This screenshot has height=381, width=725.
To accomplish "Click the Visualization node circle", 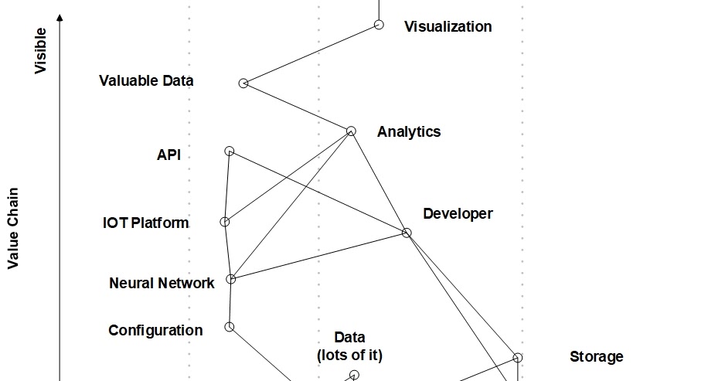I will coord(379,25).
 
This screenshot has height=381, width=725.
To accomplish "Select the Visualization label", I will coord(448,26).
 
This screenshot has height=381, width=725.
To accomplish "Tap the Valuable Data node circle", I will coord(243,83).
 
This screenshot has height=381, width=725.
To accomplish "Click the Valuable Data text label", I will coord(146,80).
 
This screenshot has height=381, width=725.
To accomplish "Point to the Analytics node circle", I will coord(351,131).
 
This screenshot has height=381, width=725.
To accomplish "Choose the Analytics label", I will coord(408,131).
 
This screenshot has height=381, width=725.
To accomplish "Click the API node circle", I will coord(230,151).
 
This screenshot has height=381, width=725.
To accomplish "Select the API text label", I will coord(168,155).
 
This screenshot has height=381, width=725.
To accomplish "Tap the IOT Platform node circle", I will coord(225,222).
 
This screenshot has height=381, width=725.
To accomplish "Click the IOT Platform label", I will coord(145,223).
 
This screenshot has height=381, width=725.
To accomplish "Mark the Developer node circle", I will coord(407,233).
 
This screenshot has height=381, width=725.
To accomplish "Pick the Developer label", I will coord(457,213).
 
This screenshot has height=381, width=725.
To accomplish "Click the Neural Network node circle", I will coord(230,279).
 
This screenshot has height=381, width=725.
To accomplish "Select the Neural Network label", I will coord(162,283).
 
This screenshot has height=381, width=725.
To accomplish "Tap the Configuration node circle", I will coord(230,327).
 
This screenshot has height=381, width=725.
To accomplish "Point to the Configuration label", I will coord(155,330).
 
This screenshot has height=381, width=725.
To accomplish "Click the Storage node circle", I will coord(518,357).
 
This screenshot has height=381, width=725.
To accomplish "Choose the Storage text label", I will coord(596,356).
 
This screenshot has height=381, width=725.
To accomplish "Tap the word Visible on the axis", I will coord(40,51).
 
